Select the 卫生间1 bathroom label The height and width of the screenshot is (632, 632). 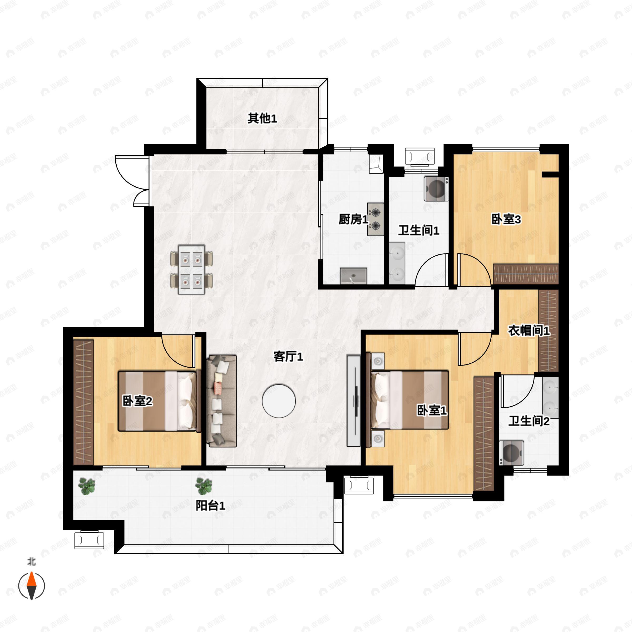[x=418, y=231]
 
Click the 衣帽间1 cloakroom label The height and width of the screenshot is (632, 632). [x=529, y=331]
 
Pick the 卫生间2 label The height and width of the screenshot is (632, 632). [x=529, y=421]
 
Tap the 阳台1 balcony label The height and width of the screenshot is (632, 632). [x=210, y=506]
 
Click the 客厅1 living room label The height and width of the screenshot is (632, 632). [x=288, y=357]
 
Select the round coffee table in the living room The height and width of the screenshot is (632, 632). [x=279, y=401]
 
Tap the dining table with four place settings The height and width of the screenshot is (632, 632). [x=191, y=270]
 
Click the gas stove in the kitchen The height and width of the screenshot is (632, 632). [x=375, y=219]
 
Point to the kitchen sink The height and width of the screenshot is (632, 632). [x=353, y=276]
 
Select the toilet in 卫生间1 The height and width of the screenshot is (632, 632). [x=436, y=189]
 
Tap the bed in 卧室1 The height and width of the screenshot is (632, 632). [x=409, y=400]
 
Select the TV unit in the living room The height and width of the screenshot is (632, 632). [x=353, y=401]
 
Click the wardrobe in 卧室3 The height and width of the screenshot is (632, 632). [x=525, y=274]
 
